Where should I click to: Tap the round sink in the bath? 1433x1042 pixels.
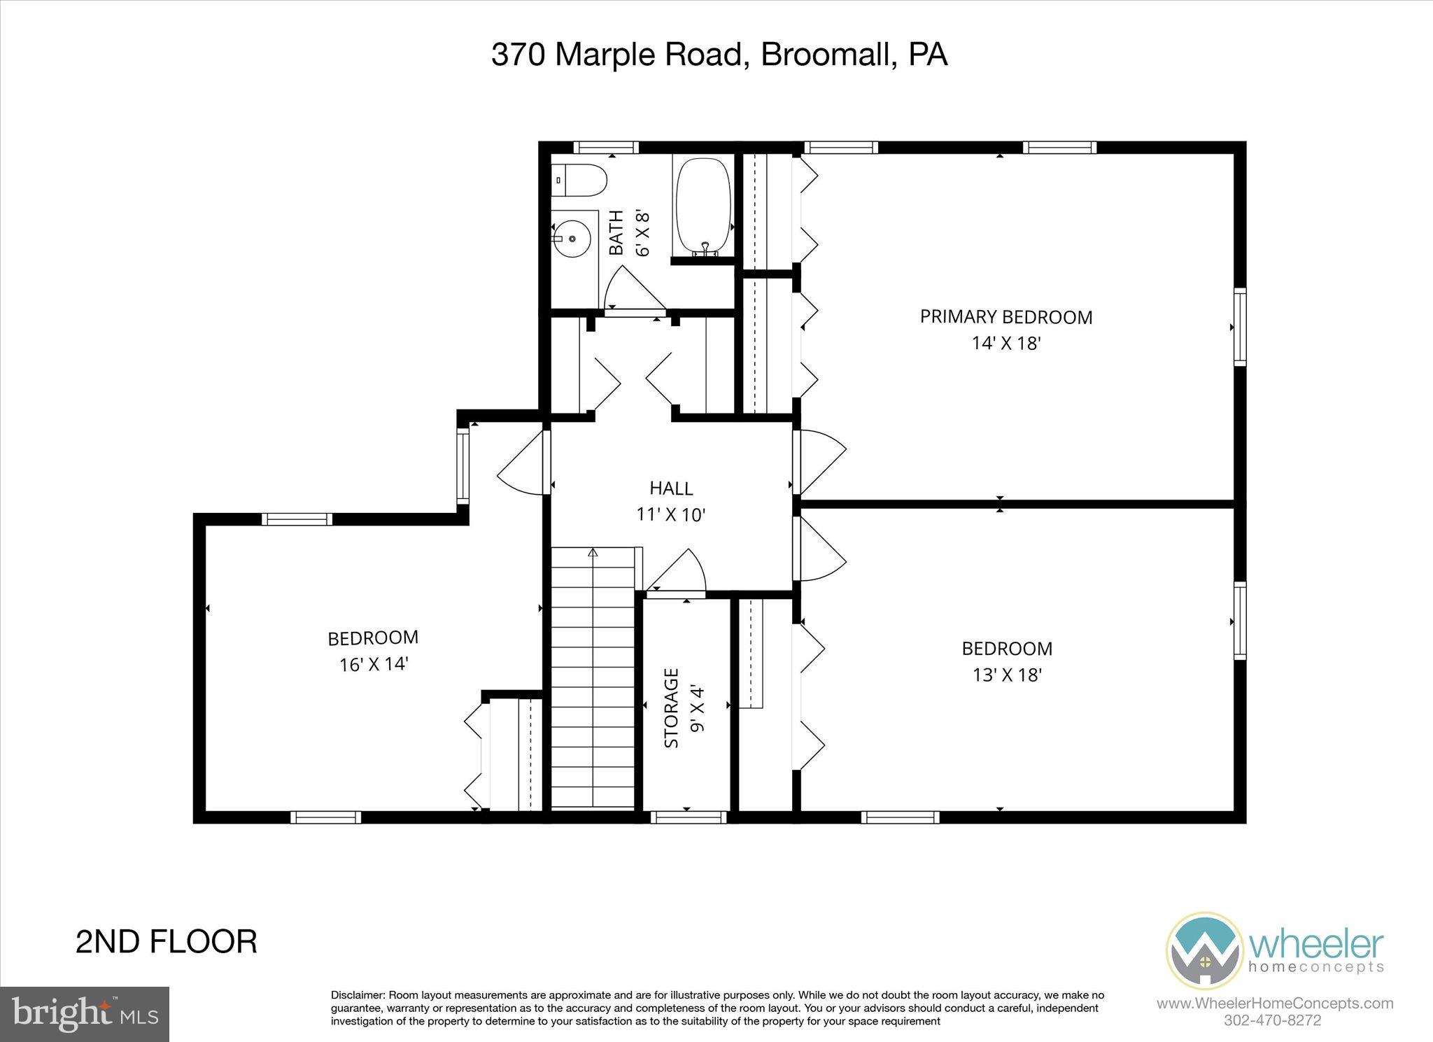click(x=572, y=239)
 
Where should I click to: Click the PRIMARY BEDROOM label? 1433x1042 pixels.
click(x=1005, y=317)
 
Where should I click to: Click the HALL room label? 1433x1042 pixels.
click(x=671, y=488)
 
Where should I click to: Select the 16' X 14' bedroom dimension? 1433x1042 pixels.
click(x=374, y=664)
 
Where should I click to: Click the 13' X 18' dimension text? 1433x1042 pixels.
click(x=1007, y=675)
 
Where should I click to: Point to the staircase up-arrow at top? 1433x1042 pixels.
click(x=593, y=553)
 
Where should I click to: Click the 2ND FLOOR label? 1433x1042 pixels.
click(x=166, y=942)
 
